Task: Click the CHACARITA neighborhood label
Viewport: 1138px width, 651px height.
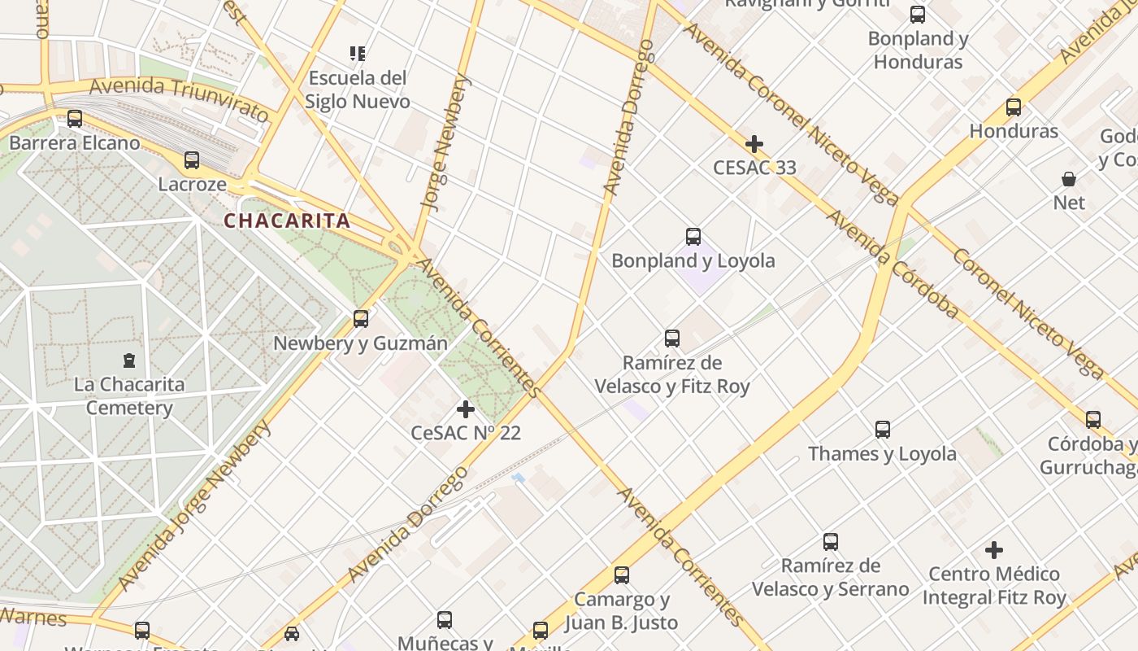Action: tap(287, 221)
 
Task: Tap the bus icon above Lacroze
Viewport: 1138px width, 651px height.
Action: tap(192, 160)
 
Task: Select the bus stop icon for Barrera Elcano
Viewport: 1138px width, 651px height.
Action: tap(75, 119)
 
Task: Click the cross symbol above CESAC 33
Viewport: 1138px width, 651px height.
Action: tap(754, 144)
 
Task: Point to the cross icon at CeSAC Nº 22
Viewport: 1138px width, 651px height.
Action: tap(466, 409)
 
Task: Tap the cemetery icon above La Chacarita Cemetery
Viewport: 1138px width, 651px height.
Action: tap(128, 360)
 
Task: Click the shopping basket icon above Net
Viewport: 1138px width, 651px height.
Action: tap(1069, 178)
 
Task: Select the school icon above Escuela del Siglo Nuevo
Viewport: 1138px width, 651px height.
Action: tap(357, 54)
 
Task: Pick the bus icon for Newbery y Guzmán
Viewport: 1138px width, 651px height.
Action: tap(361, 319)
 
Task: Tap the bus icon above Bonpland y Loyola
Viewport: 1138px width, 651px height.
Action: tap(693, 237)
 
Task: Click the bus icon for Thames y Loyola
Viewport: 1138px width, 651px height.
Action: tap(883, 430)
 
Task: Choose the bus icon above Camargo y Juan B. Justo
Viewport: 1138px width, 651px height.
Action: tap(622, 575)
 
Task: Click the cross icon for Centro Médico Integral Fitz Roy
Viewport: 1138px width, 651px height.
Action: tap(994, 550)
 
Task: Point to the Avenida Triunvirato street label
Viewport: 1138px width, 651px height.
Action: tap(179, 98)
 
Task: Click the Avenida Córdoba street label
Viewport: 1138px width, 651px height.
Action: tap(893, 264)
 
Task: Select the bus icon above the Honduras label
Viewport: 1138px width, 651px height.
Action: tap(1014, 107)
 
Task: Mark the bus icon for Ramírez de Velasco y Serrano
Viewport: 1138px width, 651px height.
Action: tap(831, 542)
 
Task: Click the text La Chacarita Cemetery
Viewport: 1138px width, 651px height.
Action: tap(129, 395)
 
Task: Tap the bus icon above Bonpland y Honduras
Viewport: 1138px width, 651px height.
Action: tap(918, 15)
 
